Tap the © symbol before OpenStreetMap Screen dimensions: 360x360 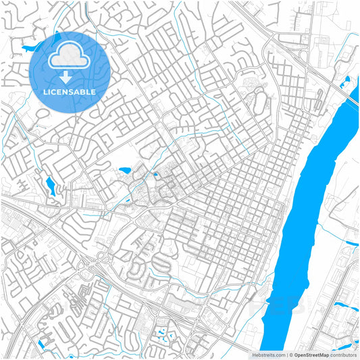290,354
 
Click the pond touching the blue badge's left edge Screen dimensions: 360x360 29,49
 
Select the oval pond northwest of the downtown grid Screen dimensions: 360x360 125,171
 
